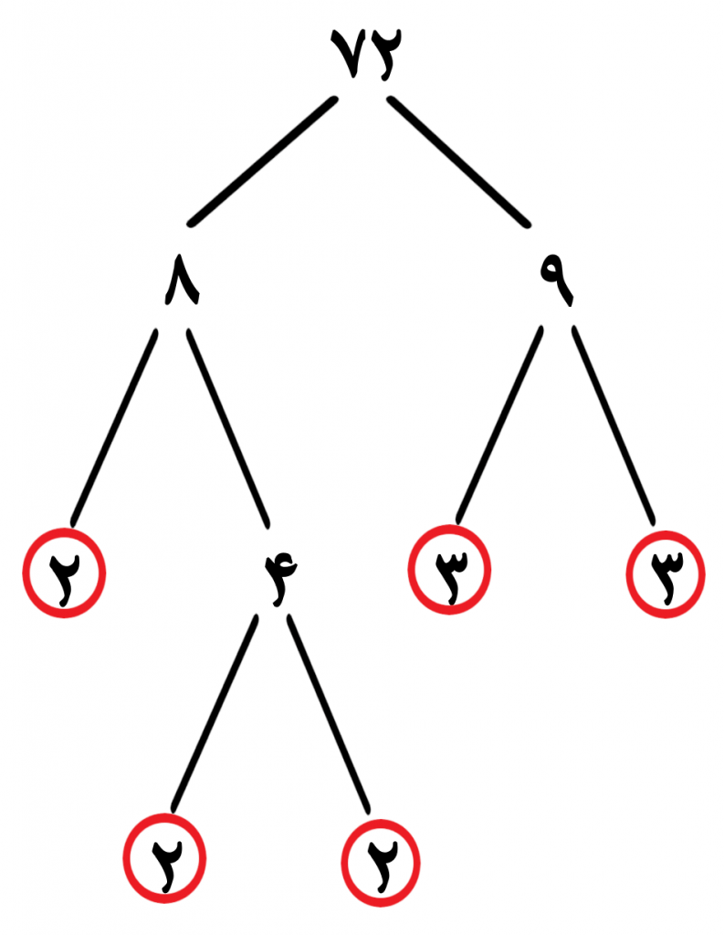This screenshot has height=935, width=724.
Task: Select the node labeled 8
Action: (x=182, y=280)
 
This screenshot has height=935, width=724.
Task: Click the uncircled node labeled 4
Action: (x=280, y=578)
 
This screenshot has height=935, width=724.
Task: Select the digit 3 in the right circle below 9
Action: (x=666, y=576)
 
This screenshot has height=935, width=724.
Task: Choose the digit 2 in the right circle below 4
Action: (x=381, y=866)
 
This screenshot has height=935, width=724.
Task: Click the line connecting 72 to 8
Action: (x=262, y=162)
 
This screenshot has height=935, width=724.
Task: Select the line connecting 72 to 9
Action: (x=458, y=162)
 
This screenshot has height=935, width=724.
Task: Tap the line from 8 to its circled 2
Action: (x=114, y=427)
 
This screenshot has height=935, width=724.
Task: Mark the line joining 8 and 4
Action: (x=228, y=427)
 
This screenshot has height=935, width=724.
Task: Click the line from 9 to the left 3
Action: (x=499, y=425)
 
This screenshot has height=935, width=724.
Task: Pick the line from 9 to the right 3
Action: (x=614, y=425)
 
